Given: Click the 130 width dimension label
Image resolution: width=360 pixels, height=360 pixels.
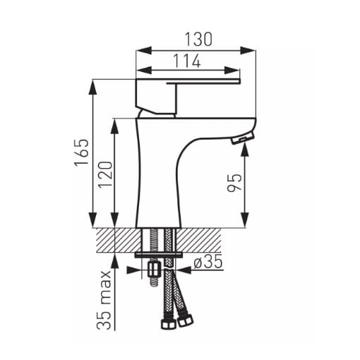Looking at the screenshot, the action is [198, 39].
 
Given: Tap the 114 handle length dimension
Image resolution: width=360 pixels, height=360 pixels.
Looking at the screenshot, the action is [187, 61].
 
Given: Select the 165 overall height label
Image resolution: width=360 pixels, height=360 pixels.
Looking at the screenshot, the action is [82, 153].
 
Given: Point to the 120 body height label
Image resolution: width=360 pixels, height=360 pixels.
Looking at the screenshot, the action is [105, 174].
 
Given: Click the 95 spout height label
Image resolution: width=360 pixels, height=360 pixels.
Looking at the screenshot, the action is [234, 183].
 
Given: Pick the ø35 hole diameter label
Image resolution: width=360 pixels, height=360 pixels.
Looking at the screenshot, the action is [208, 262].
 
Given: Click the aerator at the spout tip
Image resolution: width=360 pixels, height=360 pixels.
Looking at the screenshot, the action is [243, 138].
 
